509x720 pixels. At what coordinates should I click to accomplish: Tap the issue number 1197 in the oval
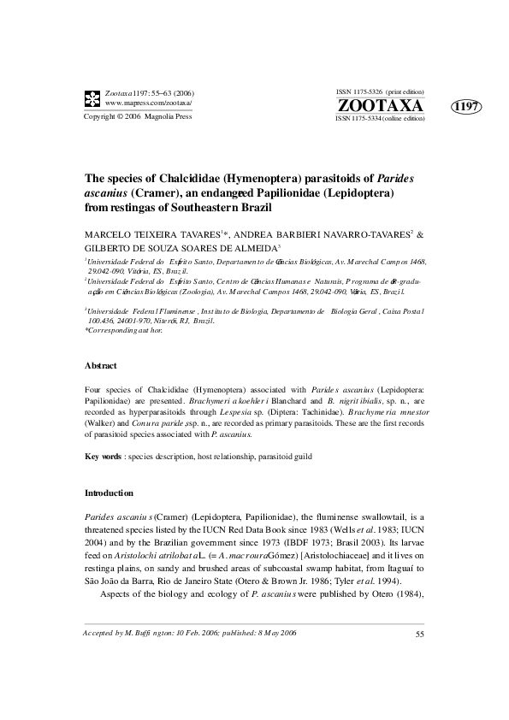tap(465, 107)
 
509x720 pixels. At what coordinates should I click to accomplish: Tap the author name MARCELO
tap(109, 233)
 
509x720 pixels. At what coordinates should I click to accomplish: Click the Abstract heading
tap(101, 365)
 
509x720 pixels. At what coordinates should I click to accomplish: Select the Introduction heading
tap(109, 493)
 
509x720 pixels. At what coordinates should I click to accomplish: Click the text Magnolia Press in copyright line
tap(169, 115)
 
